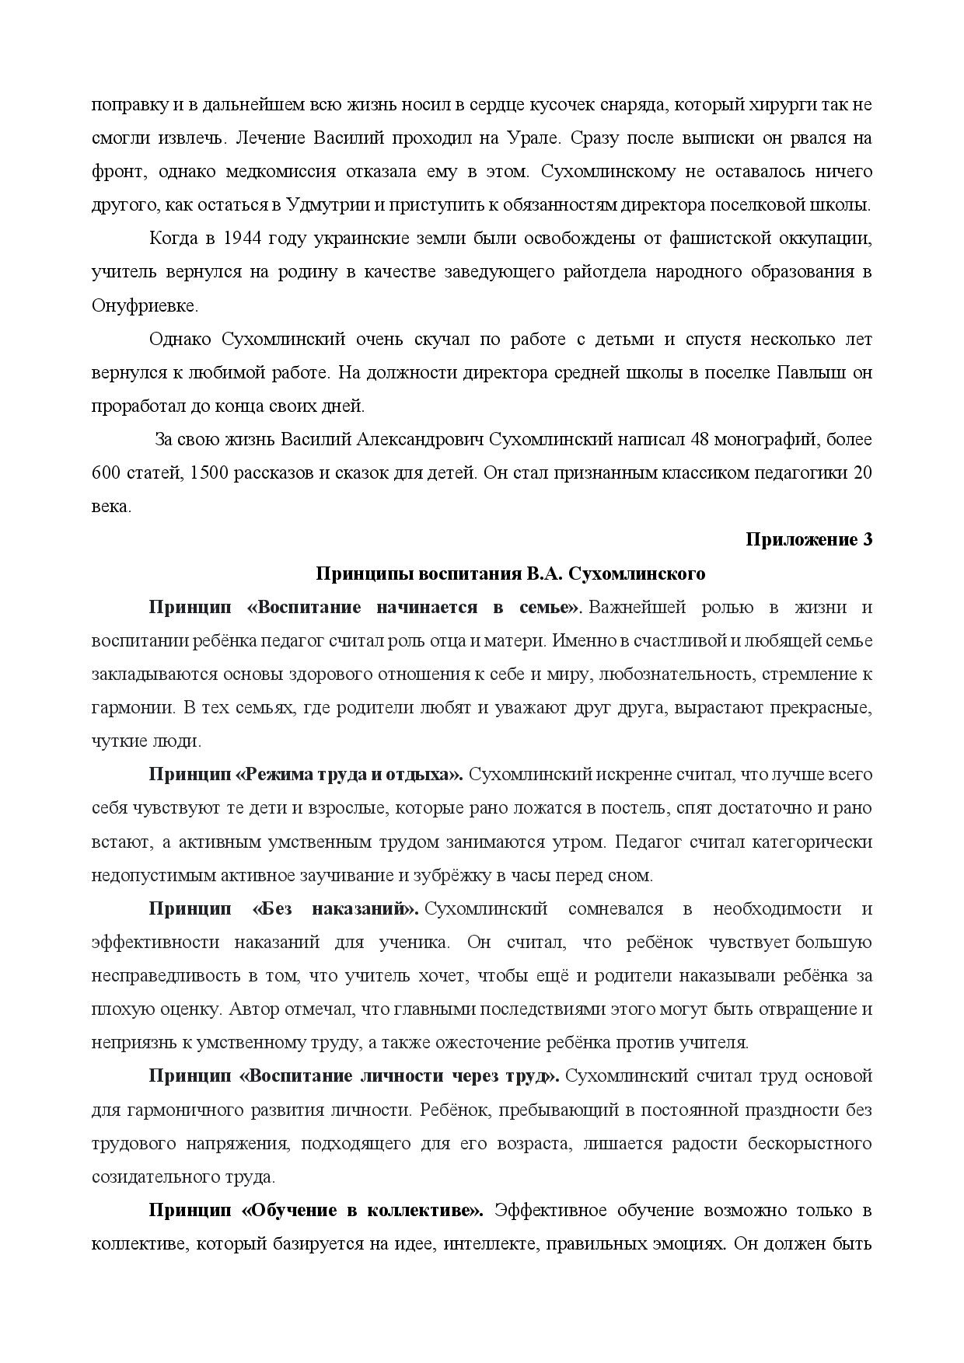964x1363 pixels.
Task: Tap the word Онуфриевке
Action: point(145,305)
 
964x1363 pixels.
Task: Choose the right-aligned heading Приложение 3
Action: point(809,539)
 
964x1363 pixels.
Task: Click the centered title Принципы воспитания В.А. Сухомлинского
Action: point(510,573)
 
